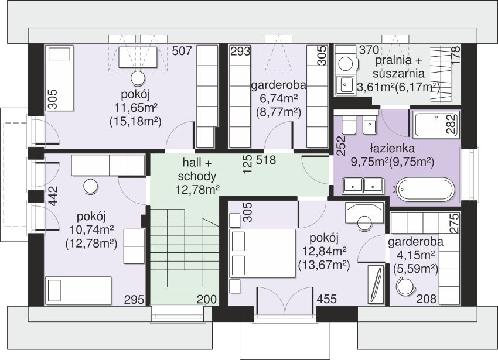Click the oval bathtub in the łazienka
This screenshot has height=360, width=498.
426,190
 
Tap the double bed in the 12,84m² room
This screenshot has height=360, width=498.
262,253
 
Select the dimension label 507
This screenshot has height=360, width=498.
182,51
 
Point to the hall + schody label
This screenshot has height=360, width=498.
197,170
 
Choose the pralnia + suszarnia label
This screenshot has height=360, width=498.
398,67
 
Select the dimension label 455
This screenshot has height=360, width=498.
326,299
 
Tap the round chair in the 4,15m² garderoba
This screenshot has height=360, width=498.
406,285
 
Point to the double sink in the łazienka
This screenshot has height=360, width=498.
363,186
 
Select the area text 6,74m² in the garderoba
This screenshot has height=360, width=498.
278,99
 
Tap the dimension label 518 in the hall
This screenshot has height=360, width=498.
265,160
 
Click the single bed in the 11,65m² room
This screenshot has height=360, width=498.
60,78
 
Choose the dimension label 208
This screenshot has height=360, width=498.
426,299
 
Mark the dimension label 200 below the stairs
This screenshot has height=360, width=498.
207,299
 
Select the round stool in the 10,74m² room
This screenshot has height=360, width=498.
91,186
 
